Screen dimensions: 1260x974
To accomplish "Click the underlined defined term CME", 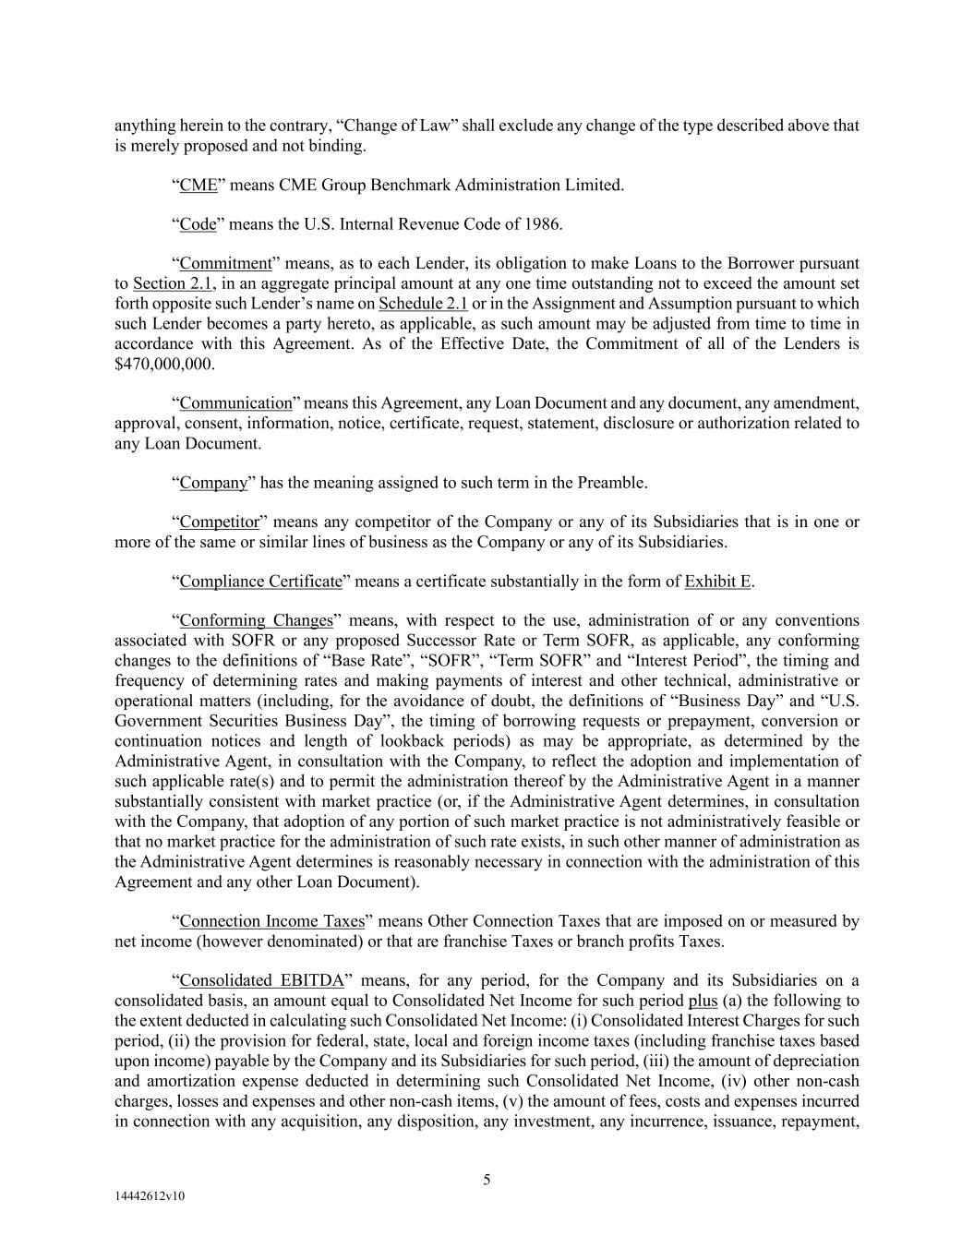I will [198, 185].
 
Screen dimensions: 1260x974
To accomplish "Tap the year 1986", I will [542, 224].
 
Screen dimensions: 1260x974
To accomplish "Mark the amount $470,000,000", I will [163, 364].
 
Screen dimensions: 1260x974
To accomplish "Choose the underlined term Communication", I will [235, 403].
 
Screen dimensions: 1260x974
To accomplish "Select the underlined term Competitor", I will [219, 522].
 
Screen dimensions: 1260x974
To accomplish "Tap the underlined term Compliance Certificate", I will [260, 582].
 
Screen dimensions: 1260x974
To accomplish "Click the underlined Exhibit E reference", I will [717, 582].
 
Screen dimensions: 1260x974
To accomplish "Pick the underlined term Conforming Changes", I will [256, 620].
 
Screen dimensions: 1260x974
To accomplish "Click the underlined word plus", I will [703, 1001].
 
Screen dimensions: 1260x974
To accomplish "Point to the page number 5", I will [487, 1179].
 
